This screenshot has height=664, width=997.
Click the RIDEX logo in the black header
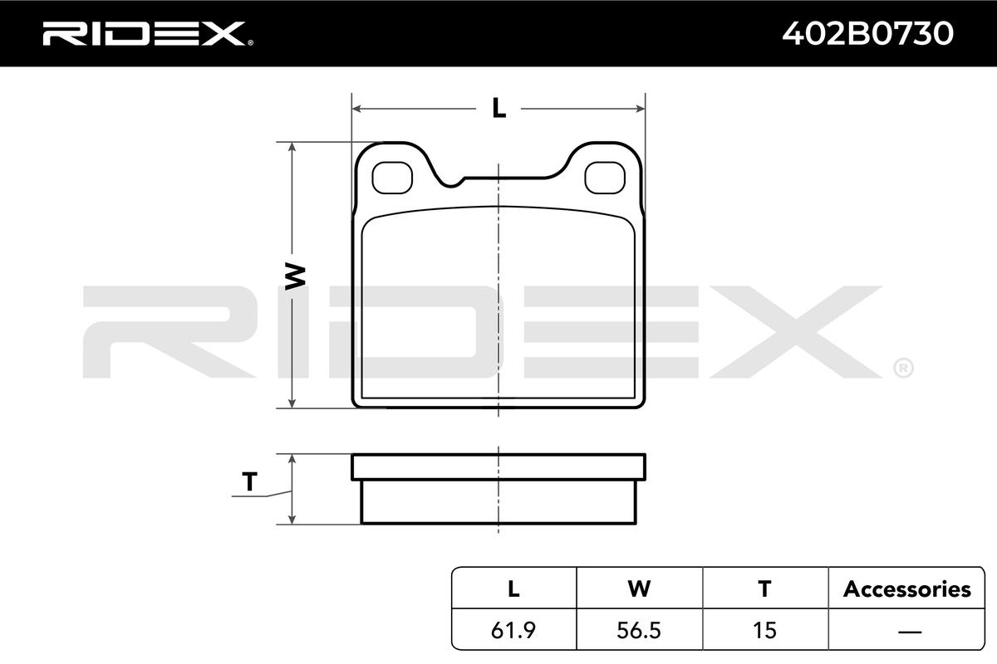click(x=148, y=34)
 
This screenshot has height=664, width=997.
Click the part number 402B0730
click(x=868, y=34)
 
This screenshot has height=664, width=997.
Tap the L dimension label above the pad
click(x=499, y=108)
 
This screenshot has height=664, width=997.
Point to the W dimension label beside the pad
click(x=295, y=276)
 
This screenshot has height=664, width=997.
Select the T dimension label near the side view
click(x=250, y=481)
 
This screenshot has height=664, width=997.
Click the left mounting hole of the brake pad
click(x=392, y=178)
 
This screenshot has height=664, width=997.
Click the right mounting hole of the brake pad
click(x=605, y=178)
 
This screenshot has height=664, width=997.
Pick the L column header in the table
click(x=513, y=588)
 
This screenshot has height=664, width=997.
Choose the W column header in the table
click(x=639, y=588)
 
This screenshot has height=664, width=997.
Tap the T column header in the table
click(x=764, y=588)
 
